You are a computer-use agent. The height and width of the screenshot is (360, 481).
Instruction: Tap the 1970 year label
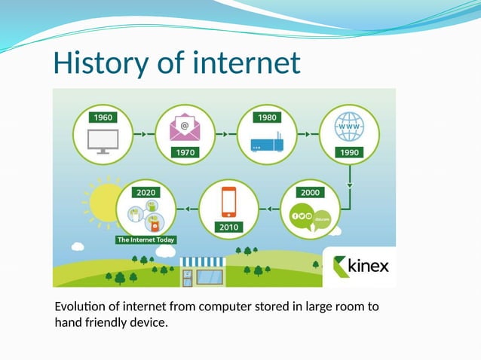pos(185,151)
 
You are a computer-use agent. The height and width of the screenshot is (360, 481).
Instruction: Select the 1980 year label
pos(267,117)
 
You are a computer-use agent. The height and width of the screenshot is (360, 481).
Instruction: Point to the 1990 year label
pos(351,151)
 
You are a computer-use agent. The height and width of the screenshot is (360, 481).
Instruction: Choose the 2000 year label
pos(310,192)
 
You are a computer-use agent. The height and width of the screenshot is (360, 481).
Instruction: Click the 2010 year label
pos(228,226)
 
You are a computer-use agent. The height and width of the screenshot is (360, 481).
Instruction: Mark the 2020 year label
pos(146,192)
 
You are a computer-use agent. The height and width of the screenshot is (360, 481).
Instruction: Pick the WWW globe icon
pos(350,127)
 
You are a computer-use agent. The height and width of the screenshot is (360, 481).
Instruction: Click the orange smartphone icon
pos(228,202)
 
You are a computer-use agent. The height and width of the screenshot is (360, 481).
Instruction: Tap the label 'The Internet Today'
pos(146,239)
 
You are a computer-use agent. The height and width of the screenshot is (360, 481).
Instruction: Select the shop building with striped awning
pos(201,272)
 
